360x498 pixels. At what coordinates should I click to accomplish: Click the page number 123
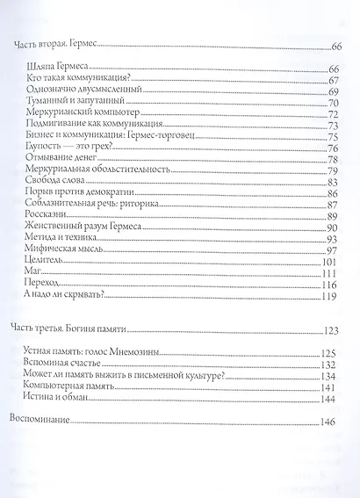[x=330, y=331]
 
